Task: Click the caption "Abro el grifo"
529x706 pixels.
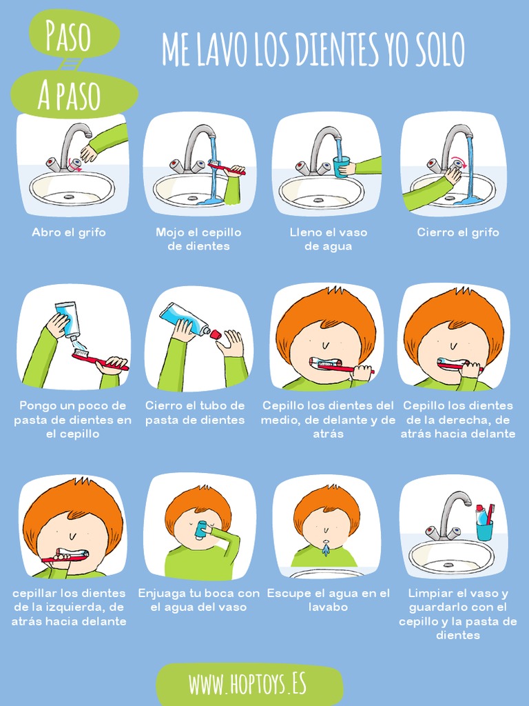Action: click(x=69, y=232)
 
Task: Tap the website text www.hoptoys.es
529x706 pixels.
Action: click(x=247, y=685)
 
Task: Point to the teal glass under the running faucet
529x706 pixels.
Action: click(x=341, y=167)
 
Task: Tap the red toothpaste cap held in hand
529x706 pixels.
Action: click(x=216, y=334)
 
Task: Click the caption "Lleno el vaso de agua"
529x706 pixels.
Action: click(x=329, y=239)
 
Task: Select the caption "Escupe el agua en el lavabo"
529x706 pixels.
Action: click(x=329, y=600)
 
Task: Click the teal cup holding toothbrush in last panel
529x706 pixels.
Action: click(x=484, y=530)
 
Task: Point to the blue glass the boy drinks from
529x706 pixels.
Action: click(x=200, y=529)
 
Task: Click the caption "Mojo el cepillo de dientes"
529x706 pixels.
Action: click(x=198, y=239)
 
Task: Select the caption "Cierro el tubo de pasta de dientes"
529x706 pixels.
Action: click(x=195, y=412)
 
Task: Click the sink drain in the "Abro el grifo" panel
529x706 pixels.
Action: click(x=69, y=196)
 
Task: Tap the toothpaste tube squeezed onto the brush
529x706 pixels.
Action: click(x=68, y=321)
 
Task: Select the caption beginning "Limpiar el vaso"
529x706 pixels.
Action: click(x=458, y=614)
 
